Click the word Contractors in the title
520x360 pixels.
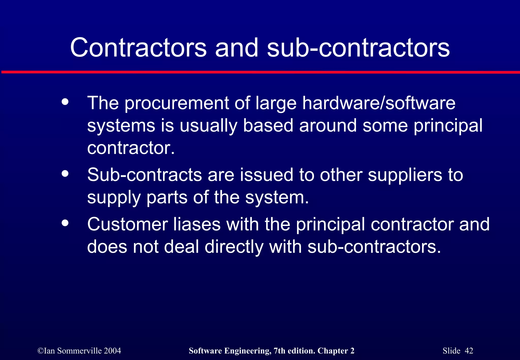pyautogui.click(x=138, y=47)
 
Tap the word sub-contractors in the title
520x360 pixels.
pyautogui.click(x=358, y=47)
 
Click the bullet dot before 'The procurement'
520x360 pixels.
pyautogui.click(x=65, y=102)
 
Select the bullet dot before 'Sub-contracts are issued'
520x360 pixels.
pyautogui.click(x=65, y=174)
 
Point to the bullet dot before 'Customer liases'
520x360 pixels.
pyautogui.click(x=65, y=223)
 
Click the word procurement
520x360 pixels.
pyautogui.click(x=177, y=103)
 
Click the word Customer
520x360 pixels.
pyautogui.click(x=127, y=224)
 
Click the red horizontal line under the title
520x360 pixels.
pyautogui.click(x=260, y=72)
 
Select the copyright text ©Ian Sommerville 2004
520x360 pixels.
pyautogui.click(x=79, y=351)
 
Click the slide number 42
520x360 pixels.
pyautogui.click(x=469, y=351)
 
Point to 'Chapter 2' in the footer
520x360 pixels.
pyautogui.click(x=336, y=351)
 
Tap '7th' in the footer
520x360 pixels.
pyautogui.click(x=279, y=351)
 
